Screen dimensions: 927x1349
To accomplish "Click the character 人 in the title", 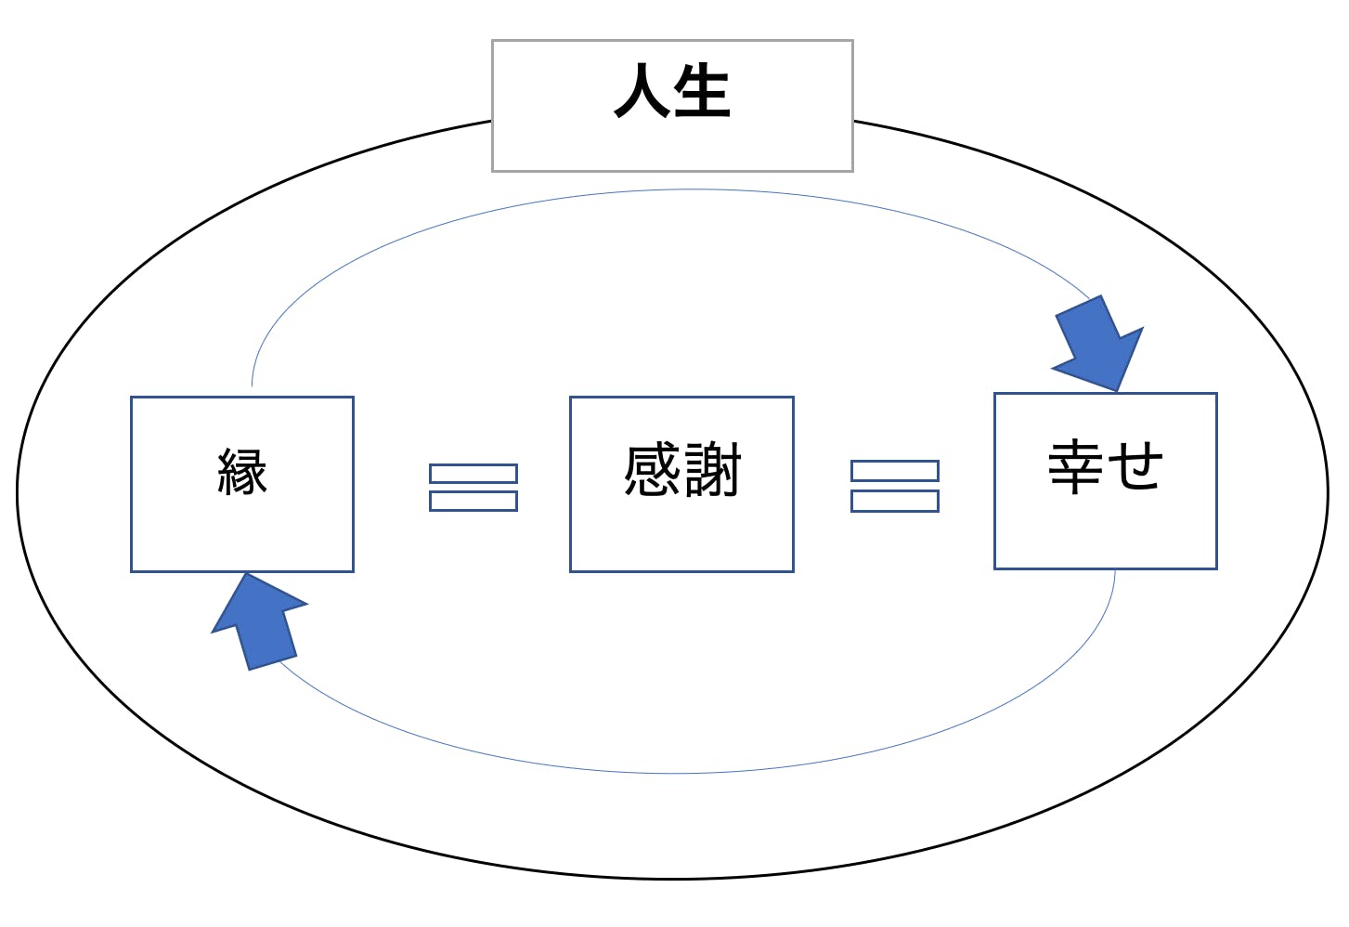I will pyautogui.click(x=642, y=91).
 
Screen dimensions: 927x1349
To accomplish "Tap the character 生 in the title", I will pyautogui.click(x=703, y=91).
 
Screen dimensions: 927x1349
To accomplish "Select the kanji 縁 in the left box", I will pyautogui.click(x=242, y=472).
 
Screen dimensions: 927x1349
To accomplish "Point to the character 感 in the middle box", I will pyautogui.click(x=653, y=470).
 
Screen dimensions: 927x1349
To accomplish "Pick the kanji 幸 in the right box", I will pyautogui.click(x=1075, y=466).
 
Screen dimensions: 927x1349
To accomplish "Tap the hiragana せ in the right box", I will pyautogui.click(x=1135, y=466).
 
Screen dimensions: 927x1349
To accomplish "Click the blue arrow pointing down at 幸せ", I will pyautogui.click(x=1101, y=345).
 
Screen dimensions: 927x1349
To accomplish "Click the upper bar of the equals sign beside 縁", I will pyautogui.click(x=473, y=474).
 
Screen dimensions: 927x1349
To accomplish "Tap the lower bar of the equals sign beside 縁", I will pyautogui.click(x=473, y=502).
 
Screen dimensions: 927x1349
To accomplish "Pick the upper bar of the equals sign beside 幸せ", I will pyautogui.click(x=895, y=471).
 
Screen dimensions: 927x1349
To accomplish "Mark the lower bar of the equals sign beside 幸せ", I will pyautogui.click(x=895, y=501).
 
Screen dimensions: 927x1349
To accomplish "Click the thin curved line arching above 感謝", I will pyautogui.click(x=687, y=190).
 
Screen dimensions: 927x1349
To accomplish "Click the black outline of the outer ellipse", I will pyautogui.click(x=673, y=877).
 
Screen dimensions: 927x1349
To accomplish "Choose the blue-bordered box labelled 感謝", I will pyautogui.click(x=681, y=539).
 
